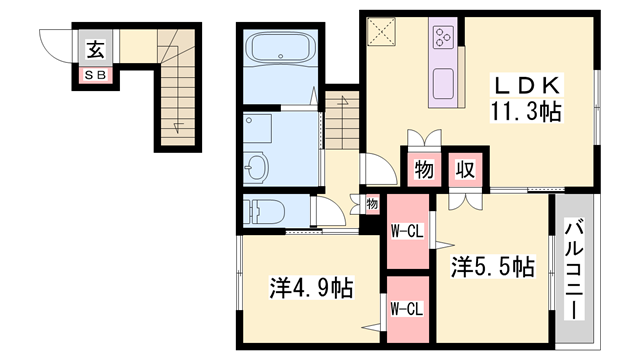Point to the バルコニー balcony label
[574, 271]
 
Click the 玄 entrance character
[96, 48]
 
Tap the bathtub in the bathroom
[280, 49]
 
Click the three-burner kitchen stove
[443, 38]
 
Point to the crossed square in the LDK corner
[381, 32]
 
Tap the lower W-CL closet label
[406, 308]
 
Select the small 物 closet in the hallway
[371, 204]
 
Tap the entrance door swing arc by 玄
[55, 46]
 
